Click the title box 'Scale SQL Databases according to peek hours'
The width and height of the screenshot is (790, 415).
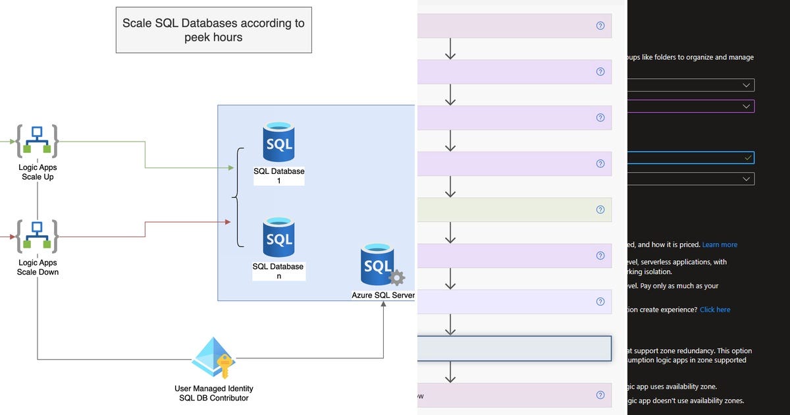[213, 30]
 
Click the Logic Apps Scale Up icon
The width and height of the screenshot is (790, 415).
[37, 140]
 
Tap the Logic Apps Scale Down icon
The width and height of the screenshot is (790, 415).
[37, 236]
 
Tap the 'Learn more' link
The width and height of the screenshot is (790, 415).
[720, 245]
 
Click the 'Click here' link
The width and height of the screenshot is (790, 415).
[715, 310]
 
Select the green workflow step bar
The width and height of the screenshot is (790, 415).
[514, 209]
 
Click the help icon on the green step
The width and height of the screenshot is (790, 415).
[600, 209]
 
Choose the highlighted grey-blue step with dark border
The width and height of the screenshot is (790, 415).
[514, 348]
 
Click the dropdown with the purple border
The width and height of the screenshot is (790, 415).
[691, 106]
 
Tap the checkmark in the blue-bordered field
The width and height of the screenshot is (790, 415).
[747, 158]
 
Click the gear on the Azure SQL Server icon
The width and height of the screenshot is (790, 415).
[397, 277]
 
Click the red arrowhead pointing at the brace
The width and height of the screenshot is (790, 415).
[228, 222]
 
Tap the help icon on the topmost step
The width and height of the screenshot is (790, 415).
[600, 26]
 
